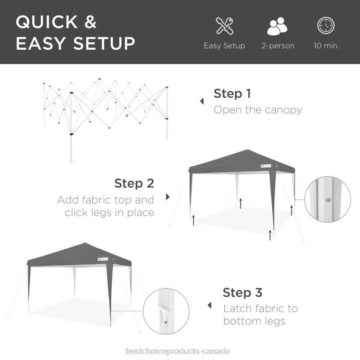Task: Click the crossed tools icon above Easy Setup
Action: pyautogui.click(x=225, y=26)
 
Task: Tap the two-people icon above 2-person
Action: pyautogui.click(x=278, y=27)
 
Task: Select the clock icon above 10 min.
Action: pyautogui.click(x=326, y=26)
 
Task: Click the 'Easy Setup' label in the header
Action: pyautogui.click(x=224, y=46)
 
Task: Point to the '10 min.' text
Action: pyautogui.click(x=326, y=46)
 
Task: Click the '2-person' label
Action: pyautogui.click(x=278, y=46)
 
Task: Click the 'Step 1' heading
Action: pyautogui.click(x=232, y=93)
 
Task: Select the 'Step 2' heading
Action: pyautogui.click(x=134, y=183)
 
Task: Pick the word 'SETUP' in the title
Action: pyautogui.click(x=105, y=44)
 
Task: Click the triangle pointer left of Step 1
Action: pyautogui.click(x=202, y=101)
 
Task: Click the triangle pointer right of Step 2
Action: pyautogui.click(x=168, y=197)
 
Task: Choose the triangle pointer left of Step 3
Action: pyautogui.click(x=209, y=305)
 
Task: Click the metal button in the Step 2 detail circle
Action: pyautogui.click(x=327, y=199)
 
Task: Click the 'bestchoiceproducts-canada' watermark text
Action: pyautogui.click(x=178, y=351)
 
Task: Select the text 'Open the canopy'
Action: pyautogui.click(x=257, y=110)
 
